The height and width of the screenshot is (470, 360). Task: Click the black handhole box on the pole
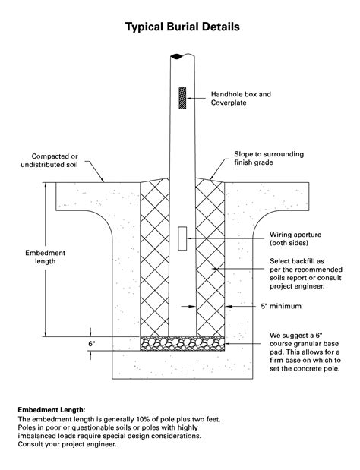[x=182, y=97]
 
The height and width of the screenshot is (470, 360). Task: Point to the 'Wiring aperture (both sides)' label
[x=297, y=239]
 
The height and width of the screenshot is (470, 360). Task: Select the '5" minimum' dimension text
[x=281, y=307]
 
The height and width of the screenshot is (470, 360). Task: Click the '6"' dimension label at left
[x=92, y=344]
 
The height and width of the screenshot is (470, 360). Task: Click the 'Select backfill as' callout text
[x=296, y=262]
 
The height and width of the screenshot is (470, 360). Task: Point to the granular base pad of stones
[x=182, y=344]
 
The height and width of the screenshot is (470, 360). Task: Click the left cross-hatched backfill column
[x=155, y=258]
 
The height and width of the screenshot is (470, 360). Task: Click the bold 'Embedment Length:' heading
[x=52, y=409]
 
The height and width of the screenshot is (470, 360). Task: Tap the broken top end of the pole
[x=182, y=55]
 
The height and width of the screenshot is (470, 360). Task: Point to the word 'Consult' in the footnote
[x=35, y=444]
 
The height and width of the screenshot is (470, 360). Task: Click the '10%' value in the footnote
[x=133, y=418]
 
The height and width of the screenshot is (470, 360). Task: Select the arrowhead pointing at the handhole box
[x=191, y=96]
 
